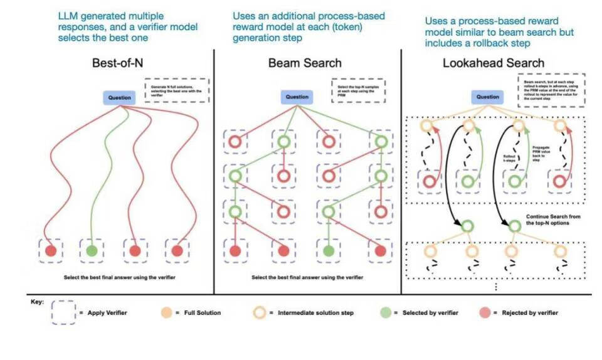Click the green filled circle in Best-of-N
tap(92, 251)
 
